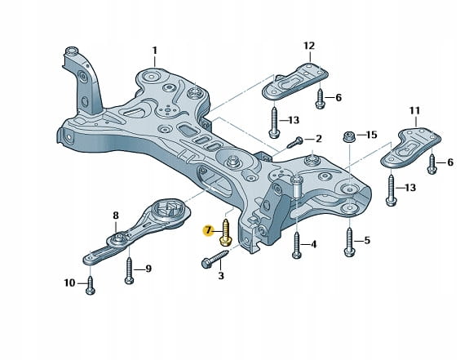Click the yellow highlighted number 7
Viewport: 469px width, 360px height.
point(208,231)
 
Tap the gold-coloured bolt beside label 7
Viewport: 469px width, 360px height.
point(225,233)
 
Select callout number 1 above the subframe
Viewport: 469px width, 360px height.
point(155,51)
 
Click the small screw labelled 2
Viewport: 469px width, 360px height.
point(295,142)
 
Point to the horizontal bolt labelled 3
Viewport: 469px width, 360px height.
point(215,259)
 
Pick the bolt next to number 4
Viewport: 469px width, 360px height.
point(296,246)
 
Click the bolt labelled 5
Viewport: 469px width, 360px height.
point(350,242)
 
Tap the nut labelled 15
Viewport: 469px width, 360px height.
point(348,137)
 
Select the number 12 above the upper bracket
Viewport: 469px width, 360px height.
point(309,46)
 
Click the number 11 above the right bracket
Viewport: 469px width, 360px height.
point(414,111)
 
